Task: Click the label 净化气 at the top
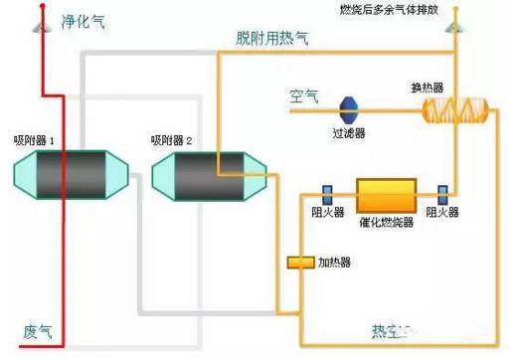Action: pos(83,20)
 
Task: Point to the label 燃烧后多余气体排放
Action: pos(415,11)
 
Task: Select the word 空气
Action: pos(303,96)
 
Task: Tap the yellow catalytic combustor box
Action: pos(385,193)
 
